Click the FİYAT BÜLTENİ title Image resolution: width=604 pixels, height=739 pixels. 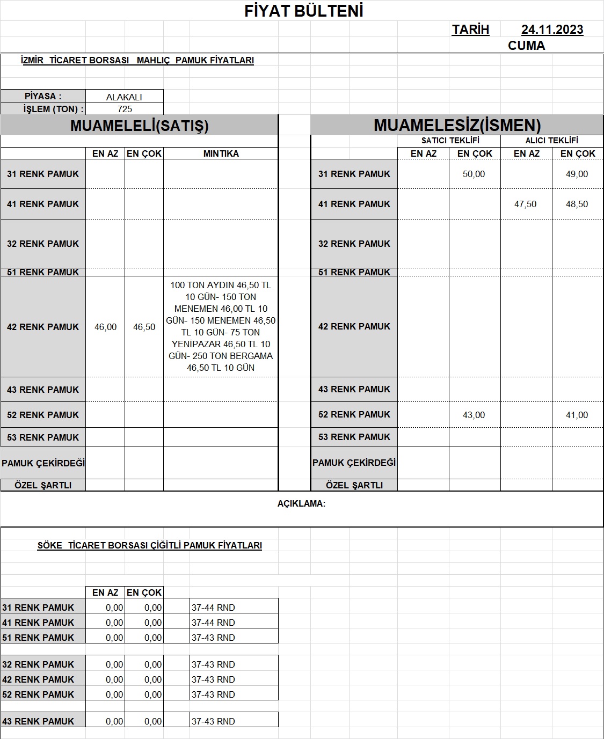pos(304,11)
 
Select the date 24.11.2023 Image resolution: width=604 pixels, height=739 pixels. pos(552,30)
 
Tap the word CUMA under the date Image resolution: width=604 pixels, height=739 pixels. pos(526,46)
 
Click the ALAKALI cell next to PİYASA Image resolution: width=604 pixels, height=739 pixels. pos(124,97)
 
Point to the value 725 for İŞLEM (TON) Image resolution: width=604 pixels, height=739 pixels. pos(125,109)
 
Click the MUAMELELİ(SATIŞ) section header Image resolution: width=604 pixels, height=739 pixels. pos(139,126)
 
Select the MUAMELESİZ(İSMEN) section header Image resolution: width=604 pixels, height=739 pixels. pos(457,126)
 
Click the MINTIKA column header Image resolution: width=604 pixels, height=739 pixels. pos(221,153)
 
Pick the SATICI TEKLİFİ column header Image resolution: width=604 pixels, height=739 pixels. pos(450,141)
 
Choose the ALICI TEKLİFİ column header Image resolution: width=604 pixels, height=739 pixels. pos(551,141)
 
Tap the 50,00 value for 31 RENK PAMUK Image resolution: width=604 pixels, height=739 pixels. pos(474,174)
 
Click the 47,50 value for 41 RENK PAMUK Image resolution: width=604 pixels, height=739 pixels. pos(525,204)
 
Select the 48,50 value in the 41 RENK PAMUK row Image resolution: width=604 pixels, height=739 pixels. pos(577,204)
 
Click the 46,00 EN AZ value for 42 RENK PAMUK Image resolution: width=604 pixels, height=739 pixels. pos(105,327)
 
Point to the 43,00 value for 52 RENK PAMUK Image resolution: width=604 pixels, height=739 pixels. pos(474,415)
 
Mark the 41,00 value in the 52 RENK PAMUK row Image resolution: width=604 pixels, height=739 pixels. pos(577,415)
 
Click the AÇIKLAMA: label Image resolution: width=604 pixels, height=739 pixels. pos(301,503)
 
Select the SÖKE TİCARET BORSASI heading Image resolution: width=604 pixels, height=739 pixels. pos(149,545)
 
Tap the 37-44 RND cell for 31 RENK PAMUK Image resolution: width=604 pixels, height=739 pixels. pos(213,608)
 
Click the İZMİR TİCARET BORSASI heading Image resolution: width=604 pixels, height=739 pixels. pos(137,60)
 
